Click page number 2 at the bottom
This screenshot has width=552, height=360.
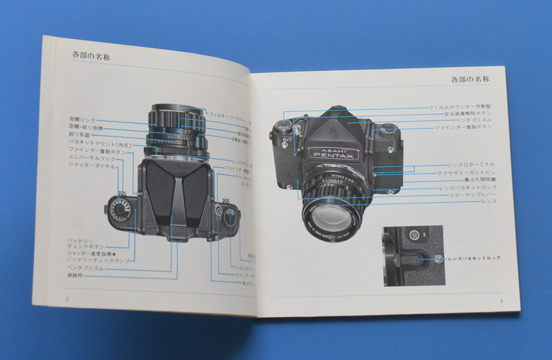[66, 298]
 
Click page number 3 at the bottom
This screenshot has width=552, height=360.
[501, 301]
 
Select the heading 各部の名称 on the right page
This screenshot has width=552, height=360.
[470, 80]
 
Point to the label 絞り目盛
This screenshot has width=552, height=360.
[79, 134]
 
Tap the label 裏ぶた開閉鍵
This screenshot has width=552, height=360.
[479, 180]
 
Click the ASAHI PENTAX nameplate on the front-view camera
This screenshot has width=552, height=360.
[333, 152]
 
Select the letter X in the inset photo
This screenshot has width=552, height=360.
[424, 235]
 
